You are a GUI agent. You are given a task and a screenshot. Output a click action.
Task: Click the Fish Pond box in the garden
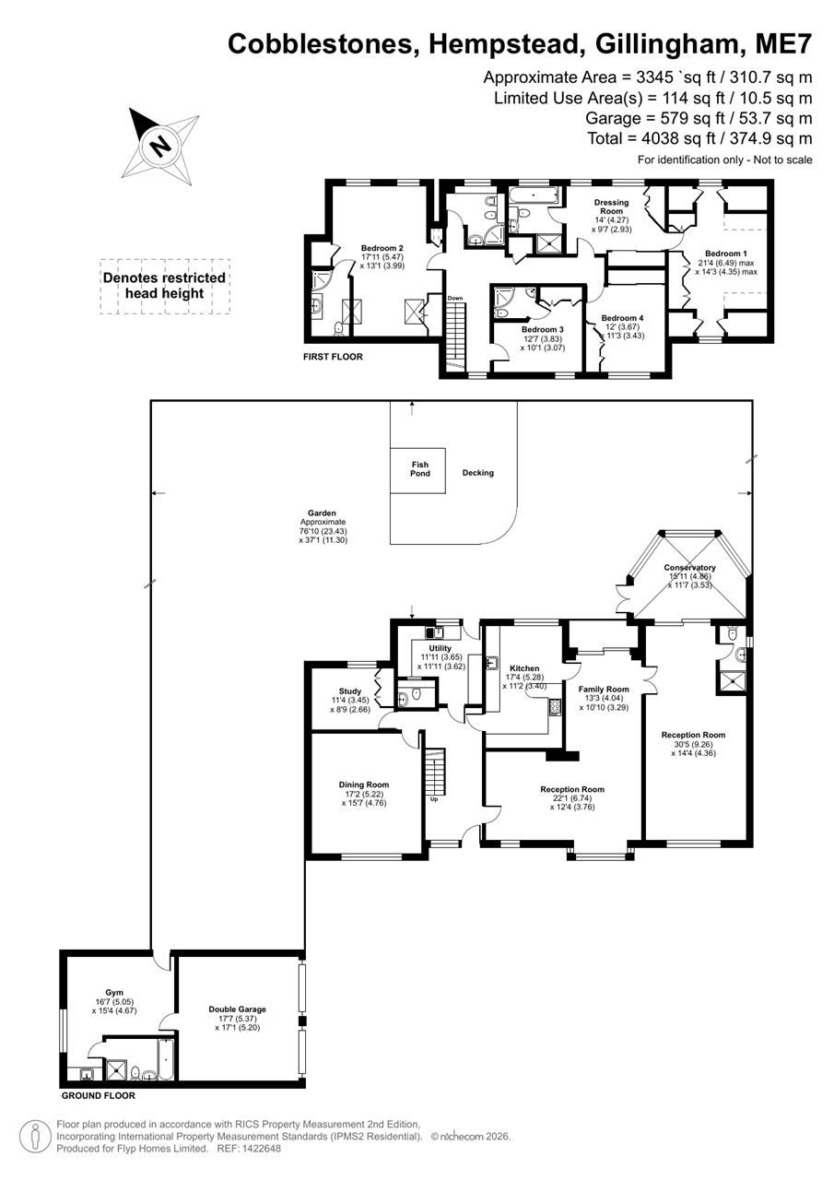tap(419, 468)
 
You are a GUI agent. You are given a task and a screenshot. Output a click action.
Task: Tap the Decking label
tap(477, 473)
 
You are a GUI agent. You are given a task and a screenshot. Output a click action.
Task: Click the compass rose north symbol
tap(160, 145)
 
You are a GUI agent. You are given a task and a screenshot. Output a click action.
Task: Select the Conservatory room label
tap(689, 568)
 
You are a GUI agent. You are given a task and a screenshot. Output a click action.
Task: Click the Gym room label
tap(113, 993)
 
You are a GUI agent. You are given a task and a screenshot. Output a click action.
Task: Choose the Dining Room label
tap(363, 785)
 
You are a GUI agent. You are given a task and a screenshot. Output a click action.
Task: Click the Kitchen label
tap(523, 668)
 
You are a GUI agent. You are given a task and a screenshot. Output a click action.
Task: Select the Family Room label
tap(603, 690)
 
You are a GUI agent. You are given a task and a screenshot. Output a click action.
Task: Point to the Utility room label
tap(440, 648)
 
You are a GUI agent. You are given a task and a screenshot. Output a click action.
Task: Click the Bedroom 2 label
tap(382, 248)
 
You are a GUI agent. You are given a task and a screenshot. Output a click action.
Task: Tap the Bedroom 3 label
tap(542, 329)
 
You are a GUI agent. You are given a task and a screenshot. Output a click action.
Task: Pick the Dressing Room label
tap(611, 206)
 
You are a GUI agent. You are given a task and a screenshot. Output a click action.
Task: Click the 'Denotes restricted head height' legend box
tap(164, 285)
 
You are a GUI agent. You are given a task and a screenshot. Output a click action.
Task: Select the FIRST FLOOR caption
tap(334, 356)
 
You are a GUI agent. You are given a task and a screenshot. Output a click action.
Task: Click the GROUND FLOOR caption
tap(98, 1096)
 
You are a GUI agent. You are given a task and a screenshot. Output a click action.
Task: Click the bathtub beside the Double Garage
tap(165, 1059)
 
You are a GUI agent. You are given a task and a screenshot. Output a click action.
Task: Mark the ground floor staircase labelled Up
tap(435, 771)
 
